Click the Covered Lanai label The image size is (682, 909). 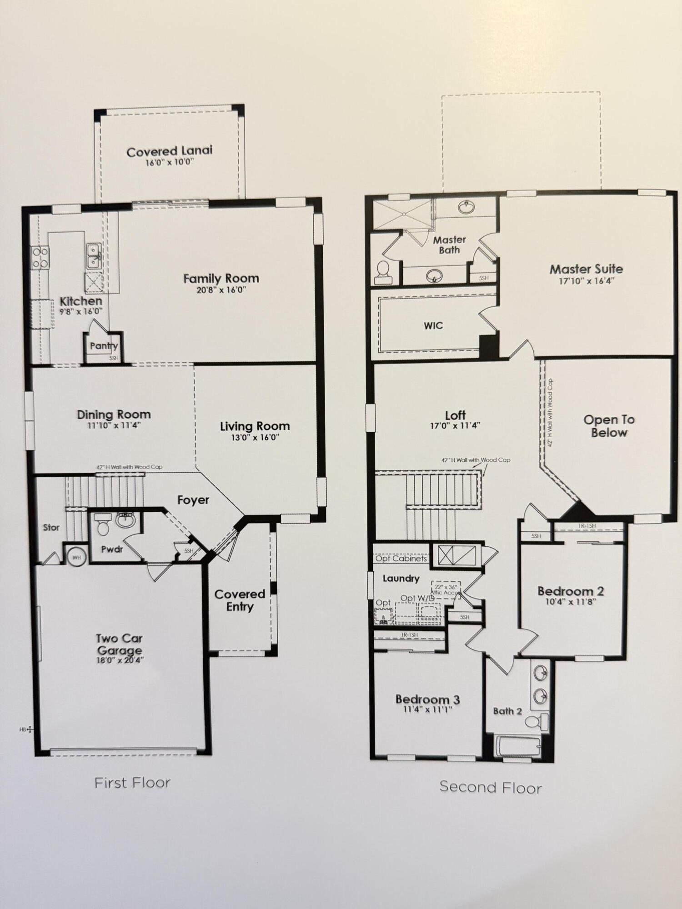pos(169,151)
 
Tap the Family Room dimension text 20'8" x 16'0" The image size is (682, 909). pos(221,290)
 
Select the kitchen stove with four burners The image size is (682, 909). pos(40,257)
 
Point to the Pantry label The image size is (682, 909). pos(104,346)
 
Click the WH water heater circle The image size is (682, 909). pos(76,557)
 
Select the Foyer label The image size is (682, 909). pos(193,500)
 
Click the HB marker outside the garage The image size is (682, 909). pos(26,729)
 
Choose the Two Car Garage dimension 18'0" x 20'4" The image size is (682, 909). pos(120,660)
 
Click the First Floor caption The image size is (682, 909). pos(132,783)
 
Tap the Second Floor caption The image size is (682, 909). pos(490,788)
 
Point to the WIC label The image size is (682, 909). pos(433,325)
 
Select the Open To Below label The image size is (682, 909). pos(609,426)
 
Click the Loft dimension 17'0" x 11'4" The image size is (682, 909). pos(455,426)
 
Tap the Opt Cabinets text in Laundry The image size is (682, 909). pos(401,559)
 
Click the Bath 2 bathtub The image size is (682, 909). pos(518,746)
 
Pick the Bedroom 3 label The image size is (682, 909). pos(427,699)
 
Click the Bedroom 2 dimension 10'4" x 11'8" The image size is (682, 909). pos(570,602)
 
